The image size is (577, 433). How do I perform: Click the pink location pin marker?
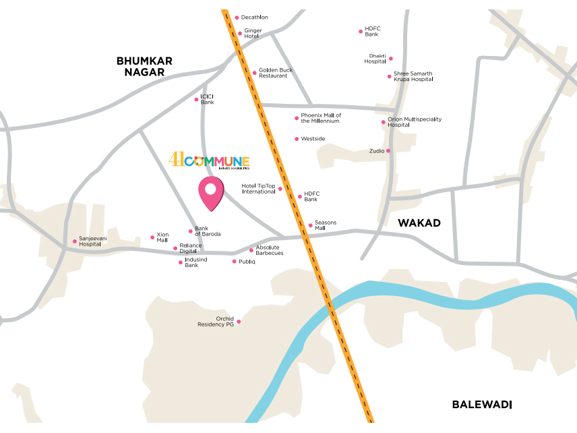tap(210, 193)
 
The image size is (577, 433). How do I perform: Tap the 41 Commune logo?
tap(209, 161)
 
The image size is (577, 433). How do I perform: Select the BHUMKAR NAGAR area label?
tap(144, 66)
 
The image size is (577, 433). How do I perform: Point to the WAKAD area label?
tap(419, 223)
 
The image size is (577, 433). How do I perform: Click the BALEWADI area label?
tap(482, 405)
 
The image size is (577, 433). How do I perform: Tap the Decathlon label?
tap(254, 18)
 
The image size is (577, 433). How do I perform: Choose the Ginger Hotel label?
tap(253, 33)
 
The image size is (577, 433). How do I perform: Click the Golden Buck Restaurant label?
tap(273, 73)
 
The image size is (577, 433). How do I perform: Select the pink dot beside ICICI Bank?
tap(197, 99)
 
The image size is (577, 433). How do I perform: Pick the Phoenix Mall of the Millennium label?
tap(320, 118)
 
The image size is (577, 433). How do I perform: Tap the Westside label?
tap(313, 139)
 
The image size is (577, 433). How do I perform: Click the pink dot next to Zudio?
tap(389, 151)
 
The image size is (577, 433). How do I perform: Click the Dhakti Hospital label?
tap(375, 59)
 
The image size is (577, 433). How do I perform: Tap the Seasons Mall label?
tap(325, 225)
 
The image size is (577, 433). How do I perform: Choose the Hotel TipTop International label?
tap(259, 189)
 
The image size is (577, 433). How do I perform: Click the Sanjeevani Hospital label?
tap(94, 241)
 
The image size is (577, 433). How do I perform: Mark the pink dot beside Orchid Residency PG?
tap(239, 322)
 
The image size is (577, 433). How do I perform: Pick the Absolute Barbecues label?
tap(269, 250)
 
